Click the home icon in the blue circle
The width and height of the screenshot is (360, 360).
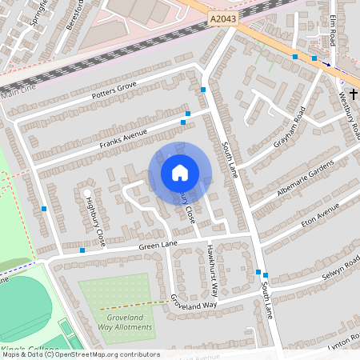(x=180, y=173)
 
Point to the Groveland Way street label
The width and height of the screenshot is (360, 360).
(x=193, y=302)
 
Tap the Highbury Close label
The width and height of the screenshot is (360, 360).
(x=95, y=221)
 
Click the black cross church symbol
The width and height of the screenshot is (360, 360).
(x=353, y=94)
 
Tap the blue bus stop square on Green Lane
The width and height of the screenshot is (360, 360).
(x=82, y=250)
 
